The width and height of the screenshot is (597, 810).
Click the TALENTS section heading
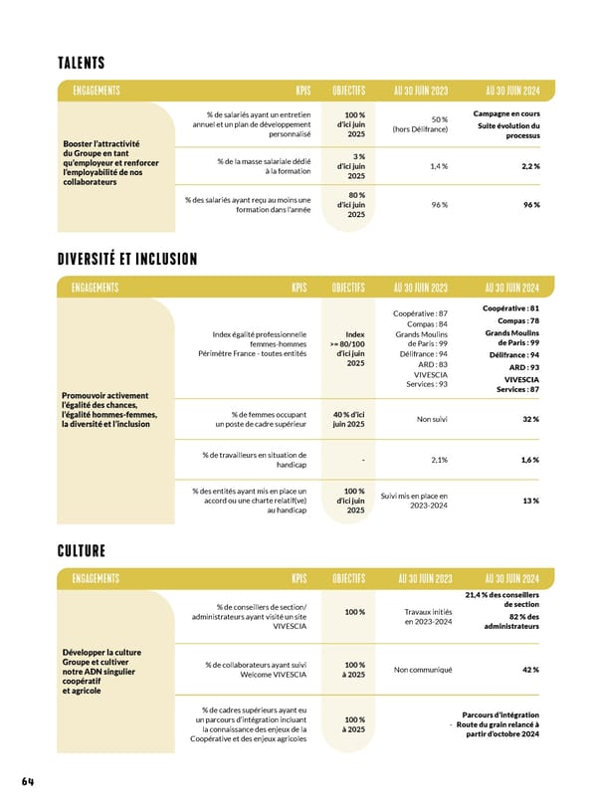(82, 64)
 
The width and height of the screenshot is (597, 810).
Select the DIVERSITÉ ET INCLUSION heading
(127, 260)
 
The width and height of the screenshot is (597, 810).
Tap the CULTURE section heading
(81, 550)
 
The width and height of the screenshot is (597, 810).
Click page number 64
(28, 781)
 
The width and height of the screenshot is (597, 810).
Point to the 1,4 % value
(439, 166)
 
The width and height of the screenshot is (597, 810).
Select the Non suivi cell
(433, 419)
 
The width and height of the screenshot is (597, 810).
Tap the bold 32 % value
(530, 419)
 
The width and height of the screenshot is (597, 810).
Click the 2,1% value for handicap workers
(439, 460)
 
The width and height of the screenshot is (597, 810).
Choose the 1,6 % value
(530, 460)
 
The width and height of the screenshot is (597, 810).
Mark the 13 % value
(531, 501)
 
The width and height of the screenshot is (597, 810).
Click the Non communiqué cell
(423, 670)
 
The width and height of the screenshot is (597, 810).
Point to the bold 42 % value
(530, 670)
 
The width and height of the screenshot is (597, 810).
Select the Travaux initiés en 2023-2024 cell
(428, 617)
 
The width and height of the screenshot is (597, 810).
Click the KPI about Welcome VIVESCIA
(257, 670)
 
